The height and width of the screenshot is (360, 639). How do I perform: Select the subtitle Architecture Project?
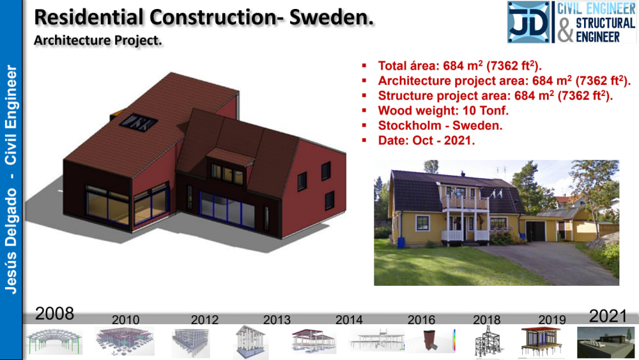point(98,40)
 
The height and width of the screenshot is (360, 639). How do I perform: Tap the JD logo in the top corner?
point(528,22)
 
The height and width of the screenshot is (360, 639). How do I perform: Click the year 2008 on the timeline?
point(54,313)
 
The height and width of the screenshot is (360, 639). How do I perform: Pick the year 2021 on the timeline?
point(608,315)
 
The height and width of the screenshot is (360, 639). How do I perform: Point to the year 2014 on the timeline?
point(349,320)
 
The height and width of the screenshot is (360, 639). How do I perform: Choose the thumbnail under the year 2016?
point(430,341)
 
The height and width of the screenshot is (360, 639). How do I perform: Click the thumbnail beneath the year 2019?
point(541,341)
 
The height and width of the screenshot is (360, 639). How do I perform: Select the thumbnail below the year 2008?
point(54,341)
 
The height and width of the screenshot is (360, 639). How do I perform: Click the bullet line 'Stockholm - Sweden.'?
point(440,125)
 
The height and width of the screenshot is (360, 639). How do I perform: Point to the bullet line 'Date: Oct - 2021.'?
point(426,140)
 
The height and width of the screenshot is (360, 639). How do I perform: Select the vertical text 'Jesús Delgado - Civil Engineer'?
point(11,179)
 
